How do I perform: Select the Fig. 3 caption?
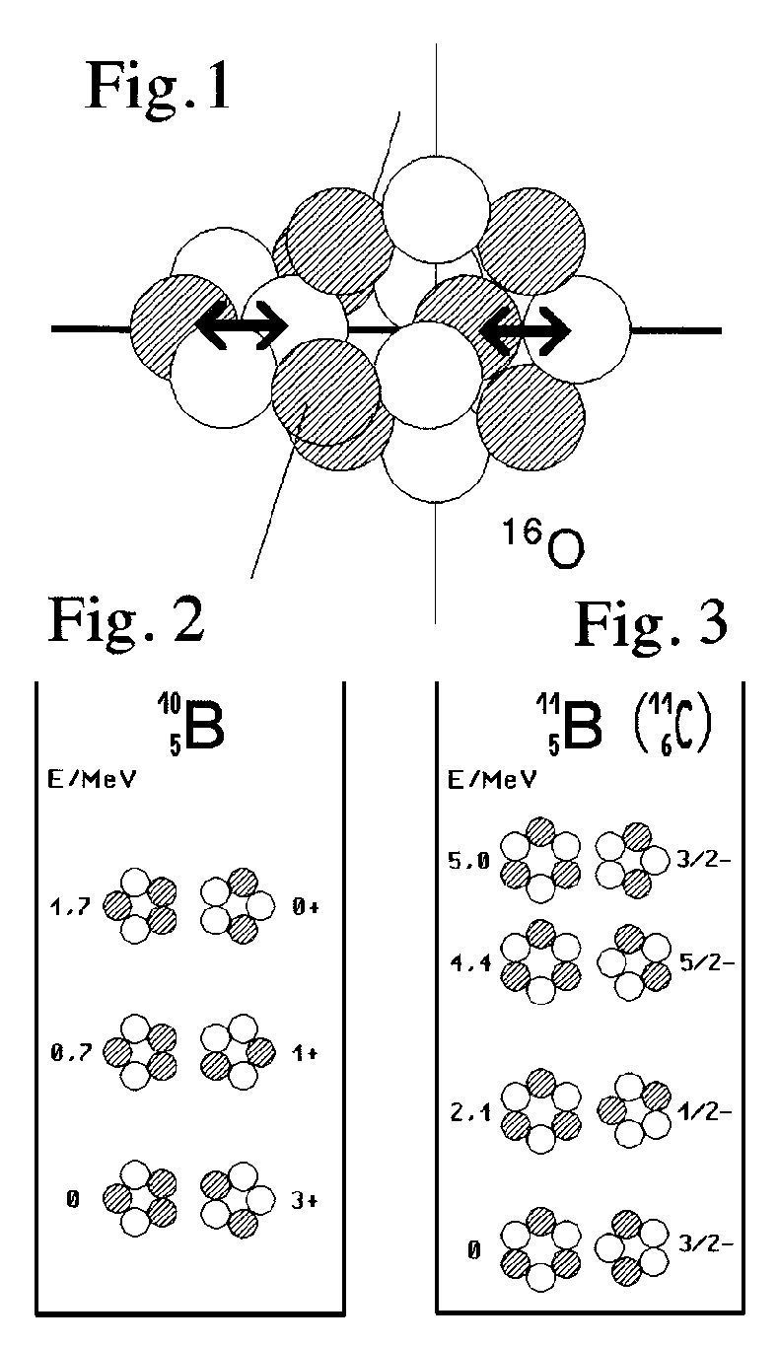pos(652,623)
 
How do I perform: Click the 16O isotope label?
pos(535,546)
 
